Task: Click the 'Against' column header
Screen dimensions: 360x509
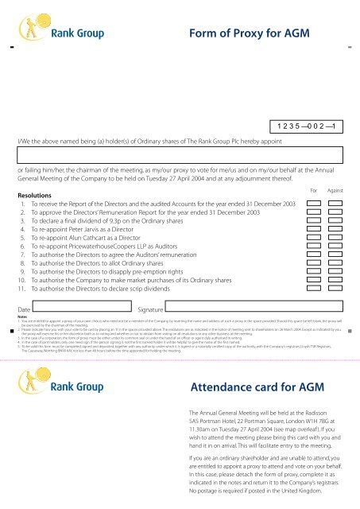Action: [x=335, y=191]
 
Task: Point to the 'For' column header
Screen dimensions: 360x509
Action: [x=314, y=191]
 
